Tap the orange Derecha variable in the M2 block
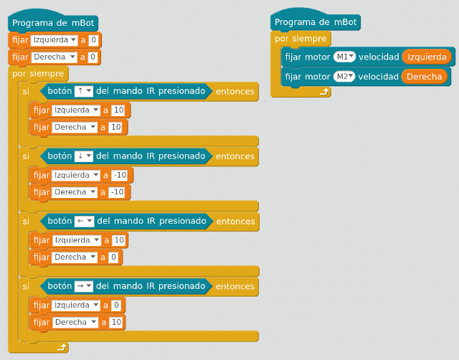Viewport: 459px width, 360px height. click(x=424, y=76)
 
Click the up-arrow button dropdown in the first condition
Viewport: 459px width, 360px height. click(x=84, y=91)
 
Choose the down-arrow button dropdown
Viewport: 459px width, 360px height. click(x=84, y=156)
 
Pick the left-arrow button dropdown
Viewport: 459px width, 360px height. click(x=85, y=221)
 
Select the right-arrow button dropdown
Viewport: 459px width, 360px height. click(x=85, y=286)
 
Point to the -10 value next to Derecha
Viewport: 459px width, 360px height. click(x=118, y=191)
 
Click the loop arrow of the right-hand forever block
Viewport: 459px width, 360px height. click(x=324, y=91)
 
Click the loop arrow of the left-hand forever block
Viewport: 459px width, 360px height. click(x=62, y=348)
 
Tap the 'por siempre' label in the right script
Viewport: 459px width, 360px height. click(x=302, y=39)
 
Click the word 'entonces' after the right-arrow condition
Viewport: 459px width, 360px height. click(x=235, y=286)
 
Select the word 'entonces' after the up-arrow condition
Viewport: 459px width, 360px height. click(x=235, y=91)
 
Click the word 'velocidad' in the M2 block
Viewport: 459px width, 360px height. click(x=378, y=76)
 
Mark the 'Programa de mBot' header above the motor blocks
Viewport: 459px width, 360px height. click(x=315, y=22)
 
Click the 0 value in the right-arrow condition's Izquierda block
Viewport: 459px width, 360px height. click(x=117, y=305)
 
